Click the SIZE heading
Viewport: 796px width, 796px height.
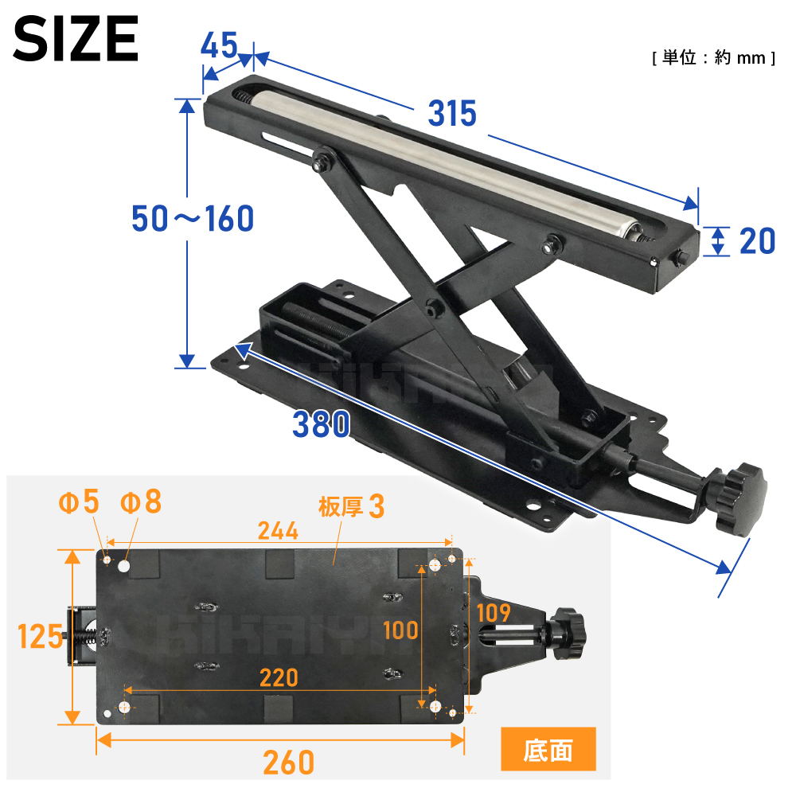tap(76, 38)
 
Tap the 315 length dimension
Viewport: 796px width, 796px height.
tap(452, 113)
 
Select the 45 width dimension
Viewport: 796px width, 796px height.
tap(220, 45)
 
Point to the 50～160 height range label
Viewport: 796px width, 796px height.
tap(193, 218)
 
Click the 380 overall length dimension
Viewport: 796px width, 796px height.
tap(322, 424)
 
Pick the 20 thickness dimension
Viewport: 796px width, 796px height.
tap(758, 241)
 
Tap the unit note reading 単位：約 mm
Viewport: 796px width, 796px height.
tap(714, 58)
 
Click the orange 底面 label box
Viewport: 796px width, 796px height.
tap(548, 749)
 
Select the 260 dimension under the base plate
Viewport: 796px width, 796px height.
tap(288, 762)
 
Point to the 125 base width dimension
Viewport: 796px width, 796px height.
tap(40, 637)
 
